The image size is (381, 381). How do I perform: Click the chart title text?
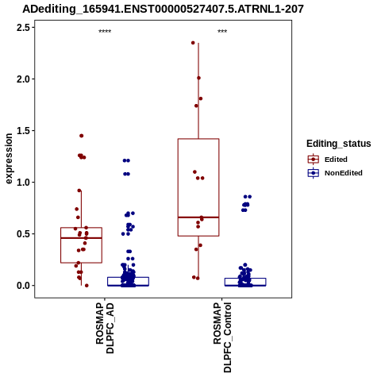point(163,10)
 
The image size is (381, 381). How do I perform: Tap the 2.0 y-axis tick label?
point(24,79)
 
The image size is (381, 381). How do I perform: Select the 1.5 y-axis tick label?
point(24,131)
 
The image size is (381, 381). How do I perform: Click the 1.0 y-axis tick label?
point(24,183)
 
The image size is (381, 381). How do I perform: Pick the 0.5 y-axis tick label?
point(24,234)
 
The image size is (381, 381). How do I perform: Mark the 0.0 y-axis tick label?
point(24,286)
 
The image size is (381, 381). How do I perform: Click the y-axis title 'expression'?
point(9,159)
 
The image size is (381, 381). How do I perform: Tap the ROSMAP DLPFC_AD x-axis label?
point(105,328)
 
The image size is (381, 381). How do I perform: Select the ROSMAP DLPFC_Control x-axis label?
point(222,337)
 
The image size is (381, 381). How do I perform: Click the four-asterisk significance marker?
point(105,32)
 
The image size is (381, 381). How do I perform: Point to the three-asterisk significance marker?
point(222,32)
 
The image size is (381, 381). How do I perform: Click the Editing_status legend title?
point(339,144)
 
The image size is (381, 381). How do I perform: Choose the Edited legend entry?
point(328,160)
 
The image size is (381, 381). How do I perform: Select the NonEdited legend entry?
point(335,173)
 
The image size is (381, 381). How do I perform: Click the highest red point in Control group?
point(193,43)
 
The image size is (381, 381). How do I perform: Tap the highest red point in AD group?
point(82,136)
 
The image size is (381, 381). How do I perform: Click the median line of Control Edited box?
point(198,217)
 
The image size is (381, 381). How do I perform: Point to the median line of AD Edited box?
point(81,238)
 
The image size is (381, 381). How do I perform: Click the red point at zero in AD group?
point(87,286)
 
